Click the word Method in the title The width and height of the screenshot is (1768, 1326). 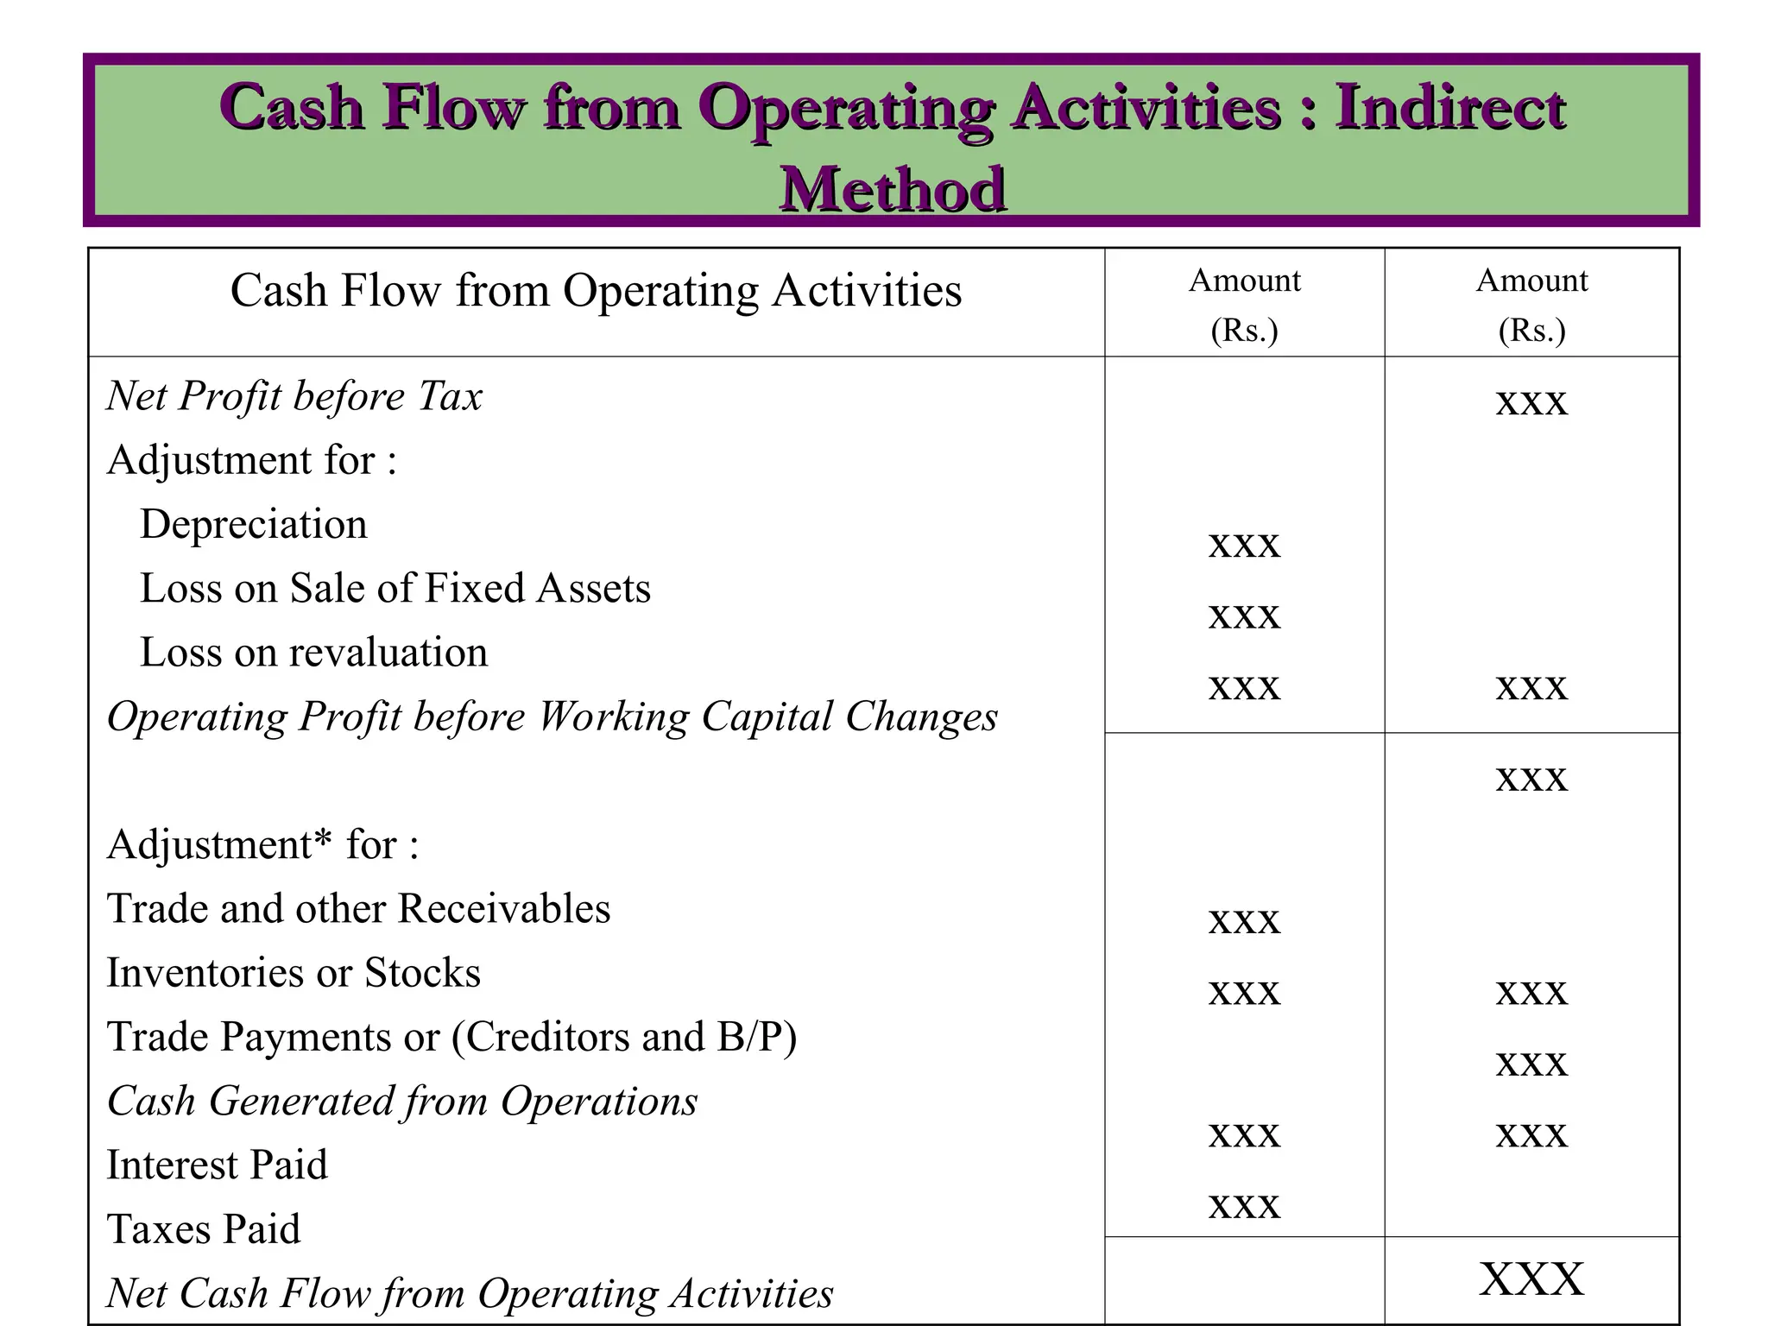click(x=893, y=189)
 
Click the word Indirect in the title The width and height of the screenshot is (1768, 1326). click(x=1450, y=108)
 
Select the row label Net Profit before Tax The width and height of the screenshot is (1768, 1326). click(x=294, y=396)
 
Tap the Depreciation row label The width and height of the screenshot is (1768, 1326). click(x=253, y=524)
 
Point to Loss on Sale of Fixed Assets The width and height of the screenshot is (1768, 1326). click(x=395, y=588)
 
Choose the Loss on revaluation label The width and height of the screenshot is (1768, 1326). click(x=313, y=652)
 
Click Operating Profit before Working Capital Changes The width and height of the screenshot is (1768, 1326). click(x=552, y=717)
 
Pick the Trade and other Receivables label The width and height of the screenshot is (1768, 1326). click(x=358, y=908)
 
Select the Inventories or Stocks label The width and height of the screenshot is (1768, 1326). click(x=294, y=973)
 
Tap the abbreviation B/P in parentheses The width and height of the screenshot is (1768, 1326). click(x=748, y=1037)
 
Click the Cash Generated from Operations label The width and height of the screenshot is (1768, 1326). click(x=401, y=1102)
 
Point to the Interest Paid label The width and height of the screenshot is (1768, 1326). click(x=217, y=1165)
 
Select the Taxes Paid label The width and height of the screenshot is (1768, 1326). click(x=204, y=1229)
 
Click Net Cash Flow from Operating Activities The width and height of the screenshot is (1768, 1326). click(x=470, y=1293)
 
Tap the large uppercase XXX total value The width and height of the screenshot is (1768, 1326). click(x=1531, y=1279)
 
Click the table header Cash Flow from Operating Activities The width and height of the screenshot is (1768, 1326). click(x=596, y=290)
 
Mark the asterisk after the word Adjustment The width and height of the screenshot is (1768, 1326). click(x=323, y=837)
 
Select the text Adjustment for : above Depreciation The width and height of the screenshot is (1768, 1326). click(x=251, y=460)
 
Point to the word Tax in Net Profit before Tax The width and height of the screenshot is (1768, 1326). click(x=450, y=396)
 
